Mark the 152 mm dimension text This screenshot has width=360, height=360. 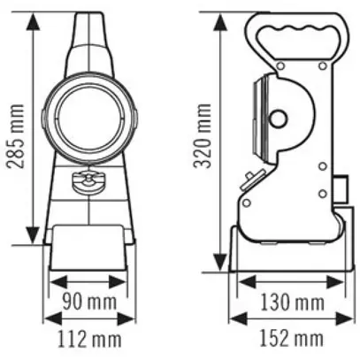coord(291,338)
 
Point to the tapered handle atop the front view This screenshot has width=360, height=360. coord(92,40)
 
